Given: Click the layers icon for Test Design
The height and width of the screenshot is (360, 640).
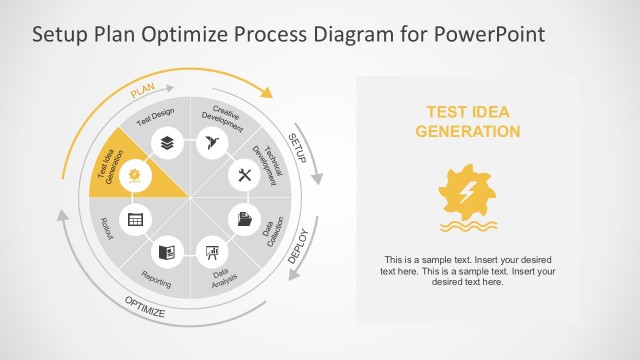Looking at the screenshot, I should click(x=165, y=143).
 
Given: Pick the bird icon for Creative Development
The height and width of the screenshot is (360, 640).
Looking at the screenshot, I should click(x=210, y=143).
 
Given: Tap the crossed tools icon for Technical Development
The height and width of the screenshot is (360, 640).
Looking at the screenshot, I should click(x=243, y=176).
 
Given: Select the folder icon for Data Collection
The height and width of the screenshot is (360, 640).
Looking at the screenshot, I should click(x=243, y=218).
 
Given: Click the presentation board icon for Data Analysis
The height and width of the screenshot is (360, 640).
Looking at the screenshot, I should click(x=211, y=251).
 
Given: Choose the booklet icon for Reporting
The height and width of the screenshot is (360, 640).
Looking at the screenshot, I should click(x=166, y=251).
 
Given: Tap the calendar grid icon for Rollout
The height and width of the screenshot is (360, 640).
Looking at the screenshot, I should click(x=134, y=218).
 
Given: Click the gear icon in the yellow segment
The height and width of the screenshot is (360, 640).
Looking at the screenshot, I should click(x=134, y=176).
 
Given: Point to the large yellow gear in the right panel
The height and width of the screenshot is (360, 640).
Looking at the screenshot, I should click(x=466, y=189).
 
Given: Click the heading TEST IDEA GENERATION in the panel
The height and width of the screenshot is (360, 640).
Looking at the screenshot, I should click(x=467, y=122).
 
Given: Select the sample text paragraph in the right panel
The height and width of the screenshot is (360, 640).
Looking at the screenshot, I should click(x=466, y=270).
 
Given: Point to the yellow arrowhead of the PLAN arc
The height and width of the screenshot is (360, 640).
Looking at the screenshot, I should click(x=266, y=92).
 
